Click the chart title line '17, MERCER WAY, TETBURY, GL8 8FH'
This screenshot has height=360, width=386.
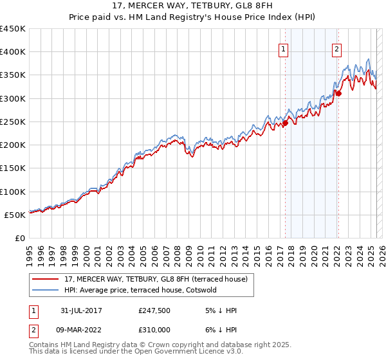193,6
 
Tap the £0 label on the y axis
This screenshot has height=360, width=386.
20,238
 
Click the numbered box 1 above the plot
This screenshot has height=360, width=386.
284,48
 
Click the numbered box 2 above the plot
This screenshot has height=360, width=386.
337,48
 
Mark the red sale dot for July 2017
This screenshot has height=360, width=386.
285,123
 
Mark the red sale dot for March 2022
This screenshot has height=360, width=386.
338,94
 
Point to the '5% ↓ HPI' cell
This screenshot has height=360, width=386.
220,310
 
